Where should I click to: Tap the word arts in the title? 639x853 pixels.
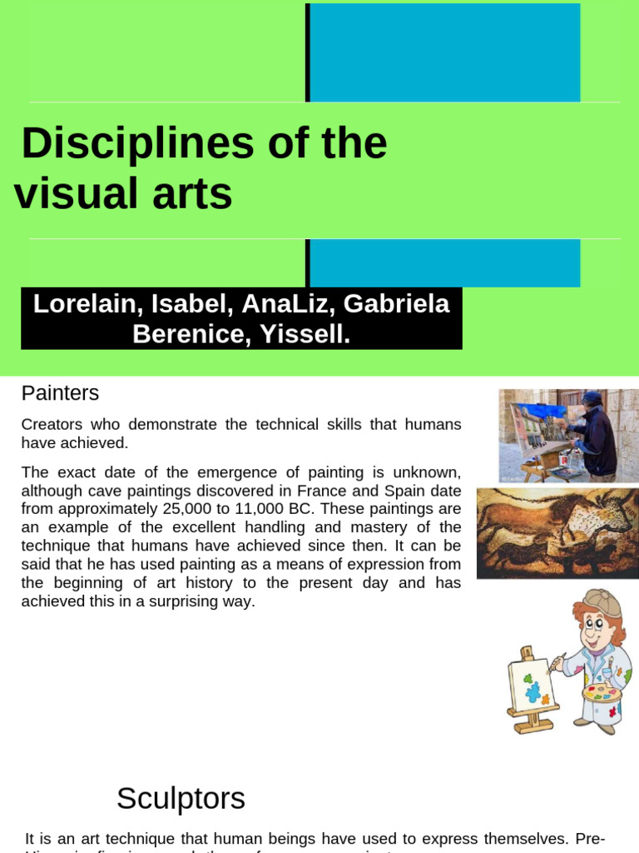coord(197,193)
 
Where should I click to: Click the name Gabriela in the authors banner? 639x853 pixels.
coord(397,304)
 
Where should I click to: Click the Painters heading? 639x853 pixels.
coord(60,392)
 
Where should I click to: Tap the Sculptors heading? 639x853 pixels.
coord(181,798)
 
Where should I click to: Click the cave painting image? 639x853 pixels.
coord(557,533)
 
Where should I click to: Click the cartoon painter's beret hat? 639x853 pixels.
coord(601,601)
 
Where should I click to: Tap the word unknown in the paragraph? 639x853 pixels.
coord(428,473)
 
